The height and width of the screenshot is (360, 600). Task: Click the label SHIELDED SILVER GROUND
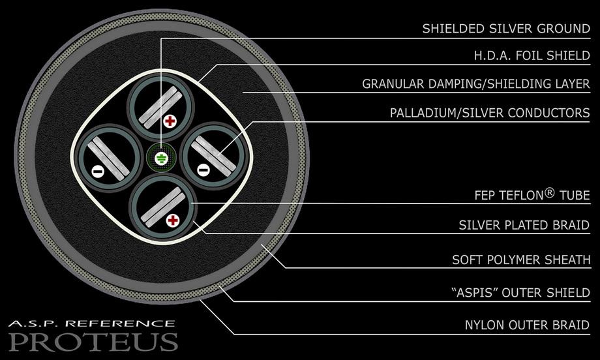[x=506, y=29]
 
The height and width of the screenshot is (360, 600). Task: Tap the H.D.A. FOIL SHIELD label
[x=532, y=56]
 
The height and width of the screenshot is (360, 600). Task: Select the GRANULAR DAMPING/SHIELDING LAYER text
[x=476, y=83]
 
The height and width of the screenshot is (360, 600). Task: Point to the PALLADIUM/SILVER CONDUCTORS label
[x=490, y=113]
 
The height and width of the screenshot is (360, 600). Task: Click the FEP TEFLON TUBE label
[x=532, y=195]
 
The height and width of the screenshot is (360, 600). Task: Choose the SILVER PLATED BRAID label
[x=524, y=225]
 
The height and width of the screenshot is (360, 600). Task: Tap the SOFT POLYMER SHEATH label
[x=521, y=260]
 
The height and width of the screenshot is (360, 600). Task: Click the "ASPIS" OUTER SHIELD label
[x=521, y=293]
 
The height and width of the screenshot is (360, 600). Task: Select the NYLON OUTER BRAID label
[x=528, y=325]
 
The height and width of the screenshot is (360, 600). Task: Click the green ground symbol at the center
[x=161, y=158]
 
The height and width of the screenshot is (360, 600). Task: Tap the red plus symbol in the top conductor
[x=170, y=122]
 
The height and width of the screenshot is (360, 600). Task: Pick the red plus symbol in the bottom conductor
[x=173, y=220]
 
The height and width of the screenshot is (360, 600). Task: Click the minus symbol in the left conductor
[x=98, y=172]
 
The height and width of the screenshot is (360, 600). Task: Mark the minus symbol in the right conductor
[x=203, y=170]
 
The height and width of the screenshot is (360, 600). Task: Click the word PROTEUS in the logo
[x=93, y=341]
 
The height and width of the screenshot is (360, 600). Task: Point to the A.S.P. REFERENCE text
[x=91, y=323]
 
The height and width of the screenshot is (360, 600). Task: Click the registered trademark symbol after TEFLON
[x=549, y=192]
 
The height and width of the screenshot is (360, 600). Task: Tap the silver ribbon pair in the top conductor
[x=160, y=108]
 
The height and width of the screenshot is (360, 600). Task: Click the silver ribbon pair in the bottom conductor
[x=163, y=207]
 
